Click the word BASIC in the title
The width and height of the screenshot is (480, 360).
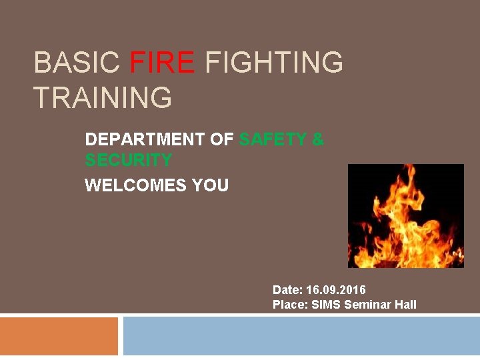[x=77, y=63]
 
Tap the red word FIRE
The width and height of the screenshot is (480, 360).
[x=162, y=63]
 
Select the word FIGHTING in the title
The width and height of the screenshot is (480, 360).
[x=273, y=63]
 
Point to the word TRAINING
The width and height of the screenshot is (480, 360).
[x=102, y=98]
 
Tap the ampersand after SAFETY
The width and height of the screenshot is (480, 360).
[x=318, y=139]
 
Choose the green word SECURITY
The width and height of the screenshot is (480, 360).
[x=128, y=160]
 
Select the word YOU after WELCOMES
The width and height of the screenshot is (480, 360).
[x=210, y=185]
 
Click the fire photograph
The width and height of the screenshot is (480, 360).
[x=405, y=216]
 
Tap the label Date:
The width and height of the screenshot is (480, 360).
[x=287, y=290]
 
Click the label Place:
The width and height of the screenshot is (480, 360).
[x=291, y=305]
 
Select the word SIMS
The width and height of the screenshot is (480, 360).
[x=327, y=305]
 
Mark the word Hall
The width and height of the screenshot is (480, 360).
[x=405, y=305]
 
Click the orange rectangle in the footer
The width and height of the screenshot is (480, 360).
[x=59, y=336]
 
